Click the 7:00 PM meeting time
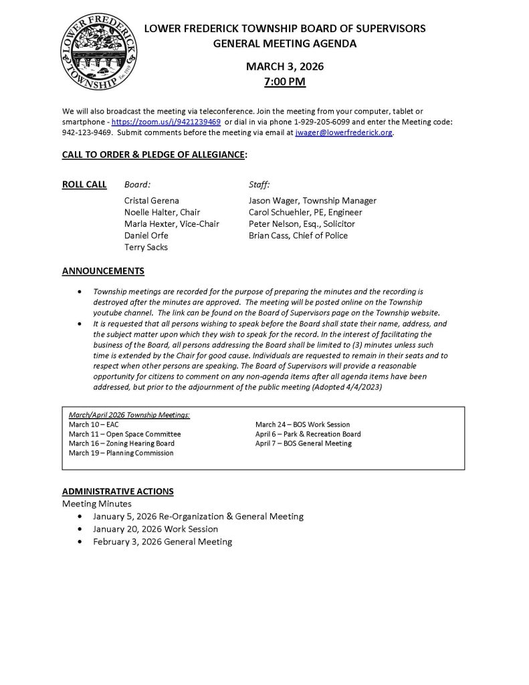(285, 82)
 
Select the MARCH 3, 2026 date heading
(285, 66)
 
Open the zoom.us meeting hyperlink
(166, 122)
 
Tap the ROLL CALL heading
(84, 185)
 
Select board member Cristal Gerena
(152, 201)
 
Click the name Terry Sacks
(146, 247)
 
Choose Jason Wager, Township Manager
(312, 201)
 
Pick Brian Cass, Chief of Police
(298, 235)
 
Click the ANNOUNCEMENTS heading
(103, 271)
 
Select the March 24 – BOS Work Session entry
(302, 424)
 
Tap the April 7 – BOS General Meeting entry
(303, 444)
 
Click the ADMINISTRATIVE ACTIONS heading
(118, 491)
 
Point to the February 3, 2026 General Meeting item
(163, 542)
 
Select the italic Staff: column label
(259, 185)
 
